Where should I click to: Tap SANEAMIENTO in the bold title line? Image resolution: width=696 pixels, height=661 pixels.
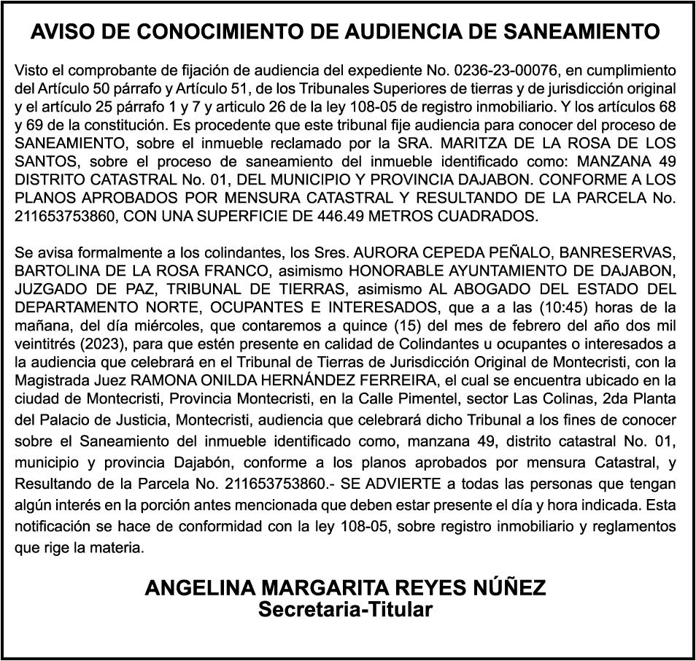(581, 32)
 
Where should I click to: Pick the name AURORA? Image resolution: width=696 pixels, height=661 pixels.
(386, 253)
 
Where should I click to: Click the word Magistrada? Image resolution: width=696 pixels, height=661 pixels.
(49, 381)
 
